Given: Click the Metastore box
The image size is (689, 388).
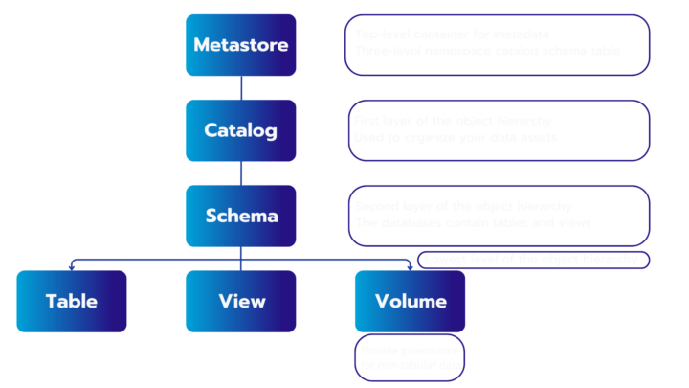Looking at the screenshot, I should coord(240,45).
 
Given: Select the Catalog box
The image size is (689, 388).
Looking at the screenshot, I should coord(240,130).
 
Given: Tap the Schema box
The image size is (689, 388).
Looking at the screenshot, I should coord(240,216).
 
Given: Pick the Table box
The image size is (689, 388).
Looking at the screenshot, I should coord(72,301).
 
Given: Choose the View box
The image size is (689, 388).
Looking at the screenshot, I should coord(240,301).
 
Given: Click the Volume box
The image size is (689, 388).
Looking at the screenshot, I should coord(410,301).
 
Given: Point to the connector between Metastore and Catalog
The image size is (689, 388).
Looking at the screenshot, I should coord(240,88).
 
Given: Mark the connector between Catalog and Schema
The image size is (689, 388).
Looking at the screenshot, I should coord(240,173).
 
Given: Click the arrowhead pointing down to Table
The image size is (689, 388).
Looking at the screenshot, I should coord(72,263).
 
